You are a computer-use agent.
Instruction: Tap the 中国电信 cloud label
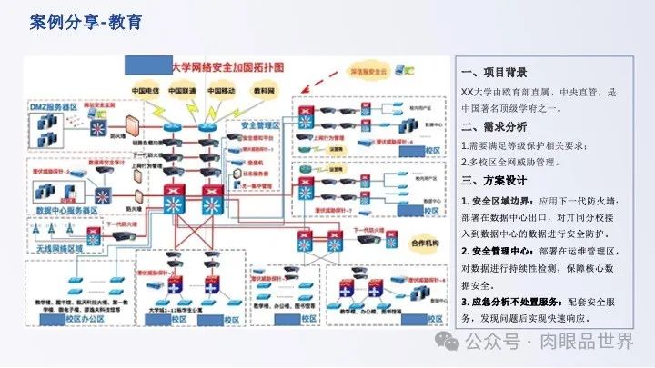(146, 92)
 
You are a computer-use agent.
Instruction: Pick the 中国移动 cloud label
(221, 92)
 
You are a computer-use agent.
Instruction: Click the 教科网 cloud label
(265, 92)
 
